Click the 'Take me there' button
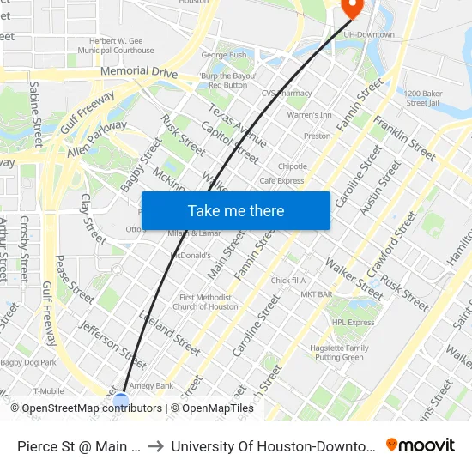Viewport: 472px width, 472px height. (235, 211)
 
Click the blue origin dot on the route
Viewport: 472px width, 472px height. (121, 400)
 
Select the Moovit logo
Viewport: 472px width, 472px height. (421, 445)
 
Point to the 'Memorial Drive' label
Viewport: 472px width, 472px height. (138, 73)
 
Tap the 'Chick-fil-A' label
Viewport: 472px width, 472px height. (288, 281)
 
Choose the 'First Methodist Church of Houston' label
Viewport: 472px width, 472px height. (205, 301)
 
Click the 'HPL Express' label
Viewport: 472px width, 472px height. (354, 323)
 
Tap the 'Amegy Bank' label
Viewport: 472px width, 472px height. (152, 386)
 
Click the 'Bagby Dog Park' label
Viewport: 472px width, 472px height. (27, 364)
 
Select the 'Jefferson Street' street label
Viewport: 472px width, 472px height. (112, 340)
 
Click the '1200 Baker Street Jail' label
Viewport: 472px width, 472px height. (423, 97)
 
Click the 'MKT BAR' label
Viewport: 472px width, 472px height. (317, 294)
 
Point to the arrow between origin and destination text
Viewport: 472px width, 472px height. (156, 445)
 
